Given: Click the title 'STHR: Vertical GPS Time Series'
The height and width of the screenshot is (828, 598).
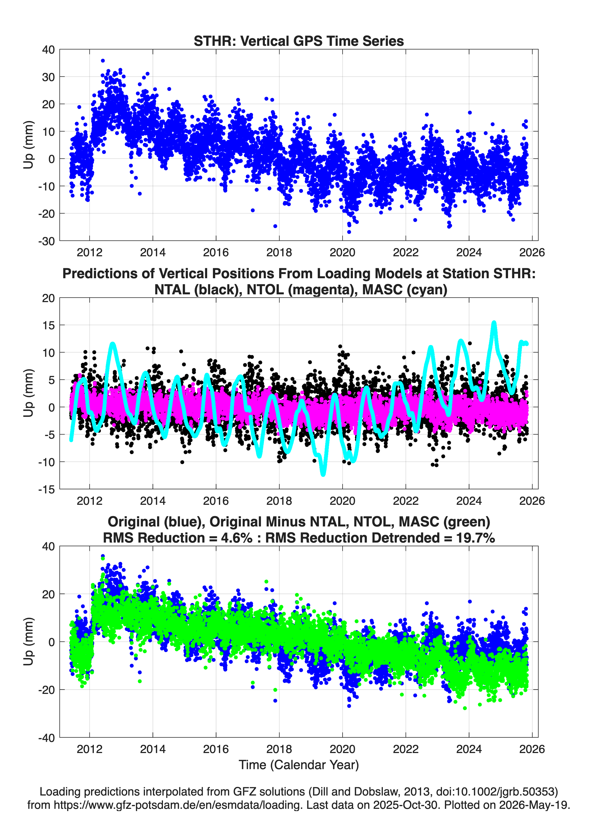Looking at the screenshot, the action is point(299,41).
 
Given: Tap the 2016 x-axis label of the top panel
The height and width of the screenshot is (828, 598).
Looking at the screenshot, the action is point(216,252).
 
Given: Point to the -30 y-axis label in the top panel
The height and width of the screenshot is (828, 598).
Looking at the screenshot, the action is point(46,241).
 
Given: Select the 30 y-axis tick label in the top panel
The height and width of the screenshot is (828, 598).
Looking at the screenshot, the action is point(49,77).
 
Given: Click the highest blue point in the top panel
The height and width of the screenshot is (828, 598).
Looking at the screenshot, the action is point(103,61).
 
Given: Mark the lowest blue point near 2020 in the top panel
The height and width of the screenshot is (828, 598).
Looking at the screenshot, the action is point(349,232).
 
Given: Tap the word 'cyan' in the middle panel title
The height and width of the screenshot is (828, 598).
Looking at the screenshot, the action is point(428,290).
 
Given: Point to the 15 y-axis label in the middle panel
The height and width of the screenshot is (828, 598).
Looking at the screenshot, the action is point(49,325).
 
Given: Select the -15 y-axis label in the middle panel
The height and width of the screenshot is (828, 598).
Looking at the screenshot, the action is point(46,489).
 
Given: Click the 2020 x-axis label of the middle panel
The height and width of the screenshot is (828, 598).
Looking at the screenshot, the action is point(342,501).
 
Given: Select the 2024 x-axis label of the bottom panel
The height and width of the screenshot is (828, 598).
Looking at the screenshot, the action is point(469,749).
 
